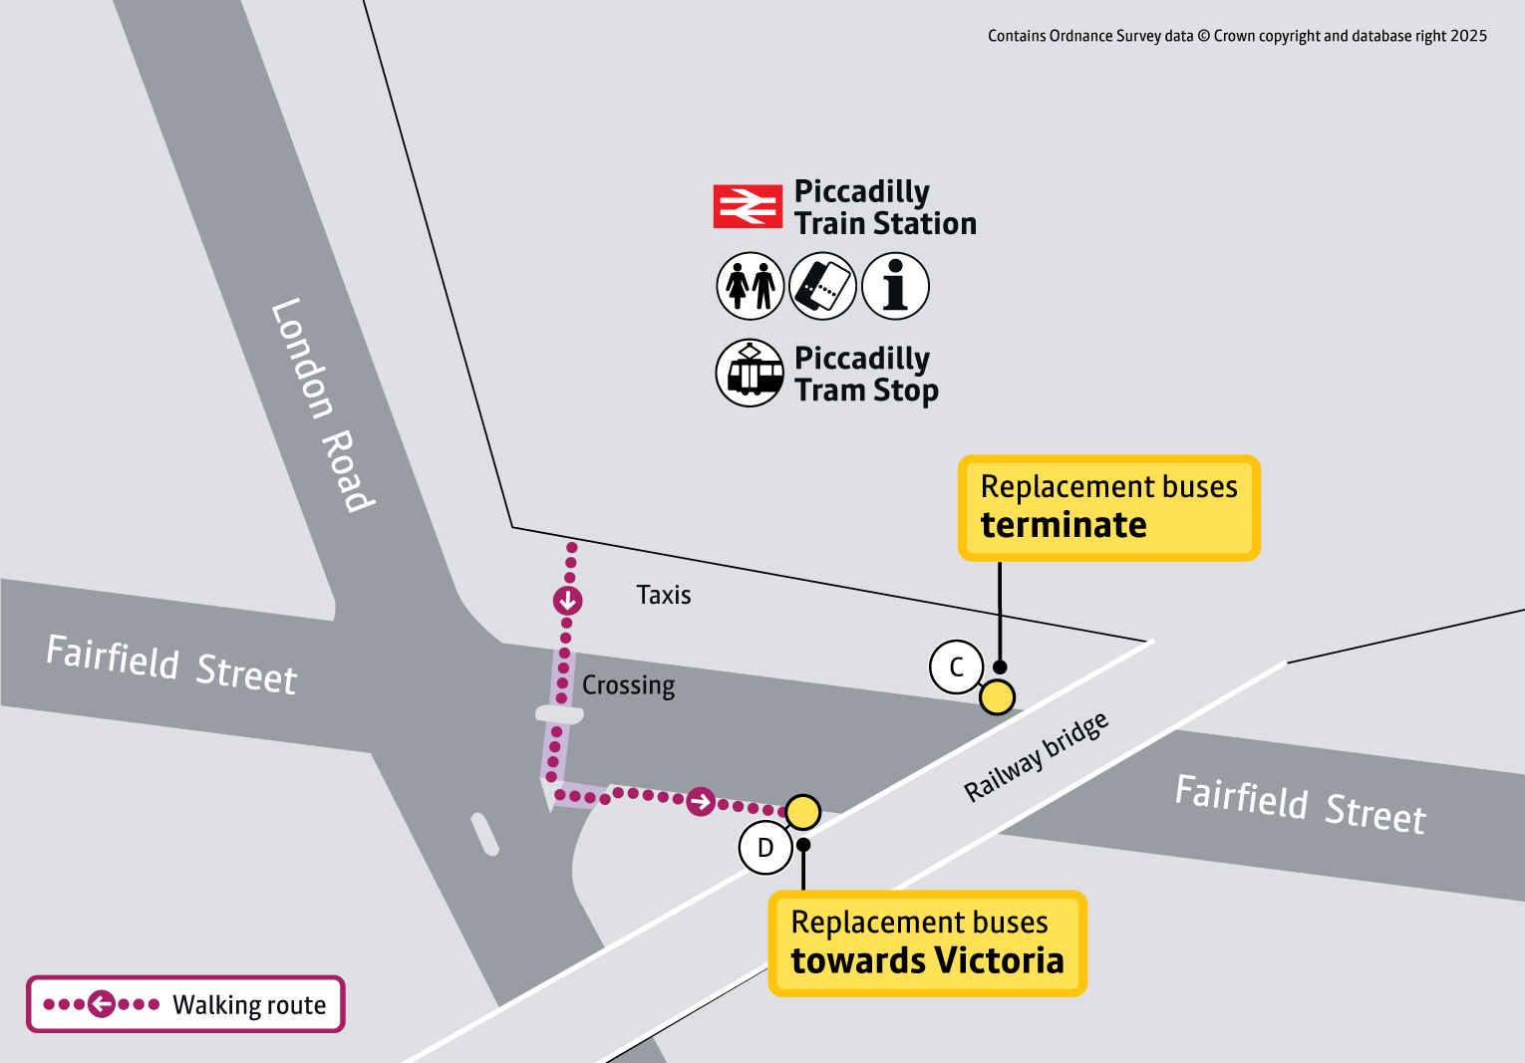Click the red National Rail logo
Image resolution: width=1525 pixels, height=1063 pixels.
click(x=748, y=206)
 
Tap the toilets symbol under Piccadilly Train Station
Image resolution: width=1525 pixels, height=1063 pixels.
click(x=751, y=286)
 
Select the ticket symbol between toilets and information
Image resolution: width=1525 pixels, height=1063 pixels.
click(x=822, y=286)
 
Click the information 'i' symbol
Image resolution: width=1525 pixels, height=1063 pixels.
click(x=895, y=286)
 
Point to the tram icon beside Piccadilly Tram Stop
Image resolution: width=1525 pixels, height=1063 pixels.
click(x=750, y=373)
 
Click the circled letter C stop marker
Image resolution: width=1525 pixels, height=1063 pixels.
click(x=957, y=667)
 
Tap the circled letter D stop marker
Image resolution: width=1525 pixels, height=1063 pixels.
click(x=765, y=848)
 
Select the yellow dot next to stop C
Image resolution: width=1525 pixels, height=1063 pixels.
click(x=997, y=697)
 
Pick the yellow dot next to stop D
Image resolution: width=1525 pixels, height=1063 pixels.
click(x=802, y=812)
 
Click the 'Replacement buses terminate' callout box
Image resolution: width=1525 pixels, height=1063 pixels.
click(x=1108, y=507)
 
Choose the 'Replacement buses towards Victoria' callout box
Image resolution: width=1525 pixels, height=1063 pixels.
click(x=927, y=942)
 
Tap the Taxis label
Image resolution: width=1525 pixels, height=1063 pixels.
click(x=664, y=595)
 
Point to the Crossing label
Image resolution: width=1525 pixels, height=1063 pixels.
click(x=628, y=685)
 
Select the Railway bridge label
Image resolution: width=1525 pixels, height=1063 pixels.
click(x=1036, y=757)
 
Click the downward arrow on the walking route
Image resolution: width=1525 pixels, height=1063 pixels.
click(x=568, y=601)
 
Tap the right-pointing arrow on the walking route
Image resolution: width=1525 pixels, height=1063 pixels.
click(x=701, y=801)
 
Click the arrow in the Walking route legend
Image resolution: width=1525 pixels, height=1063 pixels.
click(x=102, y=1004)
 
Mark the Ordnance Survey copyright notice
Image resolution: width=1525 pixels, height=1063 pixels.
click(x=1237, y=36)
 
